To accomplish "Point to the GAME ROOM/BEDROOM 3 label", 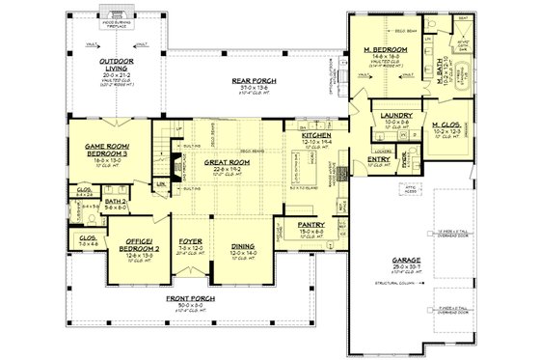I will point(92,150).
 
